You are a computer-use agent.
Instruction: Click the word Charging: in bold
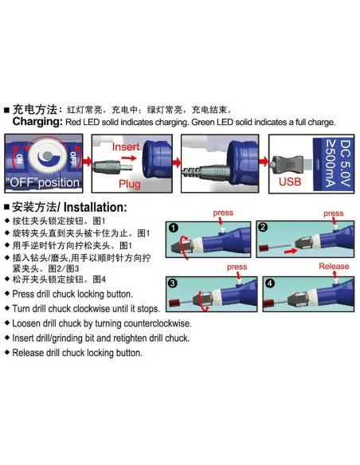37,122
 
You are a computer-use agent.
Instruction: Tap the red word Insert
126,147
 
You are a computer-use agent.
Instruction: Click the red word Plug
130,184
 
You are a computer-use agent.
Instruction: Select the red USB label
290,182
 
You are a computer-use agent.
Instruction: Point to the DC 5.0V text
345,163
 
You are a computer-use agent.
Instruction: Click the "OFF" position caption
43,182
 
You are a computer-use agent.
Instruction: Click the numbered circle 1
173,228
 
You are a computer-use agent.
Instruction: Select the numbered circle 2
263,227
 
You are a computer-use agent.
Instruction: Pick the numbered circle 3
173,283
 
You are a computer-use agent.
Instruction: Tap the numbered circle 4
269,283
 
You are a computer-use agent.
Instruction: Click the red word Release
334,266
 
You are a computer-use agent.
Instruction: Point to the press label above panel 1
223,213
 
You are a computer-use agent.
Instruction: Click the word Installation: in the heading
95,207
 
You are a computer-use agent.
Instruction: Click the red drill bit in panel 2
264,248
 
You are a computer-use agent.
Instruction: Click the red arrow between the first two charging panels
88,162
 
